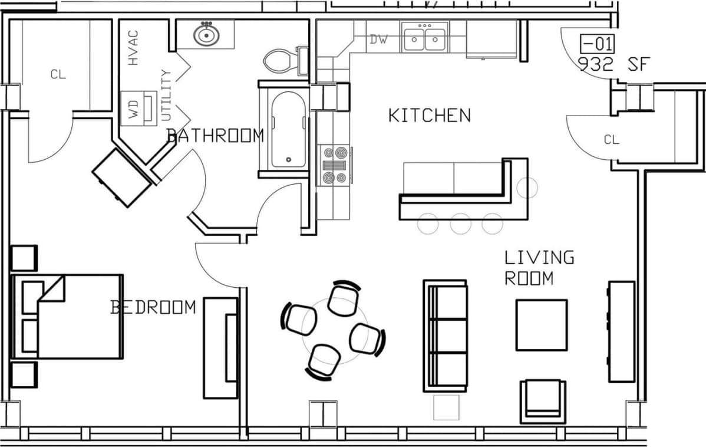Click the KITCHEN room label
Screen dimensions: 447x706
(x=429, y=115)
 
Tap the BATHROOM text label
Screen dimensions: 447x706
(x=215, y=136)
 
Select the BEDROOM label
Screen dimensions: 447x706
(x=153, y=307)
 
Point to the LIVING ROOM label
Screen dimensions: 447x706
(x=539, y=267)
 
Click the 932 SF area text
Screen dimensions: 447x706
(x=613, y=64)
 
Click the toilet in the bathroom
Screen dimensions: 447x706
(x=282, y=60)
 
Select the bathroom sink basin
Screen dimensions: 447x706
(x=206, y=35)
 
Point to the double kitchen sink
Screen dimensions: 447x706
(x=424, y=38)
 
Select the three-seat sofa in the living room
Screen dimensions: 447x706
(x=446, y=336)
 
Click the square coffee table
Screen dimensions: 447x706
(x=542, y=325)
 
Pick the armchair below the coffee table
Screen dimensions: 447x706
(x=543, y=401)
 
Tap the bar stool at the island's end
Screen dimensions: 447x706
(x=527, y=188)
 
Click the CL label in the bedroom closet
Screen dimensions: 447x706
(x=58, y=74)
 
